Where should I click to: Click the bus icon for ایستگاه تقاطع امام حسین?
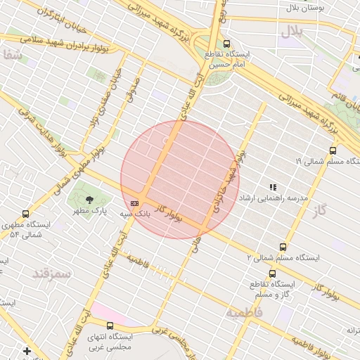point(225,44)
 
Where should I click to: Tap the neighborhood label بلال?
point(292,31)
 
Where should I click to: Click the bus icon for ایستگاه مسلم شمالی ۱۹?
point(333,150)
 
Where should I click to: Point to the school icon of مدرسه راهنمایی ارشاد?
point(272,187)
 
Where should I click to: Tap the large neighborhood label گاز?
point(322,210)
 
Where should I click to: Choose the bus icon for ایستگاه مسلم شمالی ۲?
point(283,247)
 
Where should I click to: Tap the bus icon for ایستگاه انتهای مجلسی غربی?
point(110,326)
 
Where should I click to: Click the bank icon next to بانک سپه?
point(135,202)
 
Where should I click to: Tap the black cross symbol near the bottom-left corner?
point(27,350)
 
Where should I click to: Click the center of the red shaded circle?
point(180,180)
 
